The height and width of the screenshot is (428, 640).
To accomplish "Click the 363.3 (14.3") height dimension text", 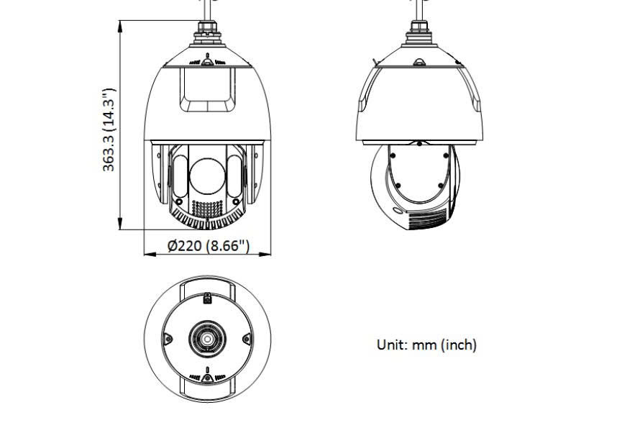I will [x=109, y=129].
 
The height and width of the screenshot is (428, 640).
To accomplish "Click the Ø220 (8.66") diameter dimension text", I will [x=208, y=246].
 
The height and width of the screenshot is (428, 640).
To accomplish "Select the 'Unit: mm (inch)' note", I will [x=426, y=345].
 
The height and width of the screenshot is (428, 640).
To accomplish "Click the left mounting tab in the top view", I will [x=167, y=339].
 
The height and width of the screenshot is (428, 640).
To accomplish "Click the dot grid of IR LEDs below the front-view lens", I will [x=208, y=207].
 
